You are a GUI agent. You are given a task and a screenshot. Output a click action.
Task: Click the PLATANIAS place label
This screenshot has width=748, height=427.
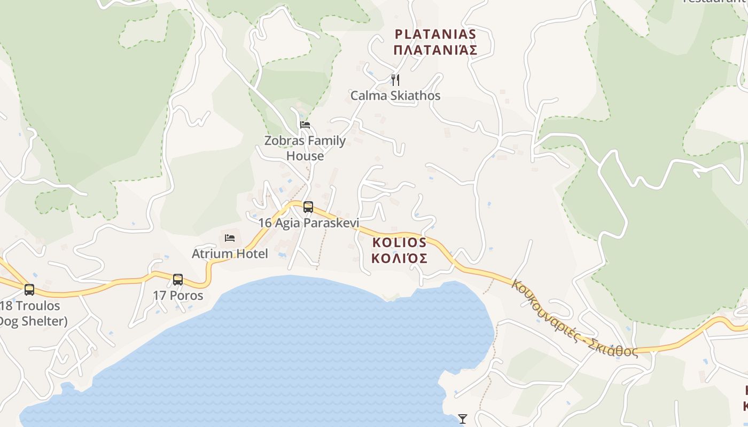coord(435,34)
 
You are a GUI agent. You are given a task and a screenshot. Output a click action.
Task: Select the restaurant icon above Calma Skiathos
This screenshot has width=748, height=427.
coord(395,80)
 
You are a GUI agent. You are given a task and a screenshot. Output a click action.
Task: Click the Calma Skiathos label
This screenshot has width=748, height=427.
coord(395,96)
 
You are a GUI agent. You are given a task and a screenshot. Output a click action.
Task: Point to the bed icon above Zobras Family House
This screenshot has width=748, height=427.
coord(305,125)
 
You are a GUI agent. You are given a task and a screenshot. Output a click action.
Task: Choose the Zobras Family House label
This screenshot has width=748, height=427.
coord(305,141)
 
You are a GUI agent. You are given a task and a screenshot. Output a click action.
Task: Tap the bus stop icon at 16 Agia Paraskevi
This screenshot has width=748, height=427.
coord(308,207)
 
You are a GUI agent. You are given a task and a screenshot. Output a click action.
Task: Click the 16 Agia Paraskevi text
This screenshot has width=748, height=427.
coord(309,223)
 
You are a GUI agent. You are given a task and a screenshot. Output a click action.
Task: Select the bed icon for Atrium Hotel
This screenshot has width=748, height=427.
coord(230,238)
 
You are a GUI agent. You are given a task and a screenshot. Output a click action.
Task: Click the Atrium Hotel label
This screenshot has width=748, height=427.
coord(230,254)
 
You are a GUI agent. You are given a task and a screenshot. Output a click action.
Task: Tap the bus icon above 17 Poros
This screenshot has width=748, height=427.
coord(178,279)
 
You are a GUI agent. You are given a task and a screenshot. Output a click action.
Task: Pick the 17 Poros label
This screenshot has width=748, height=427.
coord(178,295)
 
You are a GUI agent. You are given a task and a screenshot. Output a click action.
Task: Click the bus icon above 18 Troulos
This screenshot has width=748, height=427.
coord(29,290)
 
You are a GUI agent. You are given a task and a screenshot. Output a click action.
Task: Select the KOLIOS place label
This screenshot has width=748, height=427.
coord(400,242)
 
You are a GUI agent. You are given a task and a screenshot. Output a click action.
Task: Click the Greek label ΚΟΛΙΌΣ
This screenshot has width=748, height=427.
coord(400,258)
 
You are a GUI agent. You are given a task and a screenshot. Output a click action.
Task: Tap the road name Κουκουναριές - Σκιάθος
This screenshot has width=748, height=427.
coord(574,318)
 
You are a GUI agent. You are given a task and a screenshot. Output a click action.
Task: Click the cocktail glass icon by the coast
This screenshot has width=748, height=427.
coord(463,419)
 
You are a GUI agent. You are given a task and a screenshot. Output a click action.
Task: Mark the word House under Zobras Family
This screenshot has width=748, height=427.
coord(305,156)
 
